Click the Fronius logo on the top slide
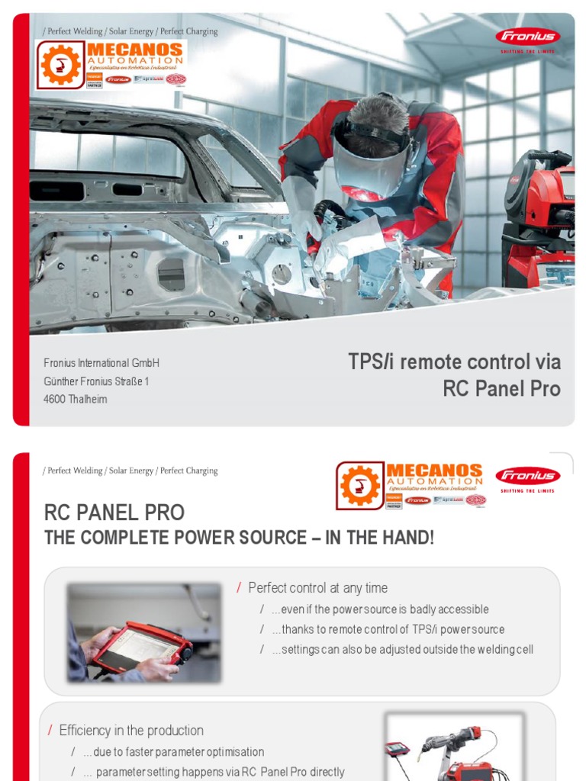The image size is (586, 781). point(527,37)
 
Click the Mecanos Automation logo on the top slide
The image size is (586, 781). point(111,65)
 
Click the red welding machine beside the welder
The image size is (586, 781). point(540,221)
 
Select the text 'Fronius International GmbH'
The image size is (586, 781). point(101,363)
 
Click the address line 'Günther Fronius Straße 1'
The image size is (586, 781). point(96,381)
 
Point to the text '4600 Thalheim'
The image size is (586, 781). point(76,400)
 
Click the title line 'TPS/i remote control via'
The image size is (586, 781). point(454,362)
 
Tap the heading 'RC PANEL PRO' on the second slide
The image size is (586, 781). point(114,513)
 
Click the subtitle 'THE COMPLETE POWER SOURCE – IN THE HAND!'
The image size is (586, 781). point(239,538)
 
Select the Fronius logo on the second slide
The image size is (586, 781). point(527,477)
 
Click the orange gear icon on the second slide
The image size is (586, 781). point(360,485)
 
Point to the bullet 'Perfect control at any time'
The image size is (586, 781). point(317,588)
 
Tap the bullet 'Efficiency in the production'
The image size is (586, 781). point(131,731)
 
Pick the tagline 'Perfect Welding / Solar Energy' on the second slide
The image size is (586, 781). point(130,471)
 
